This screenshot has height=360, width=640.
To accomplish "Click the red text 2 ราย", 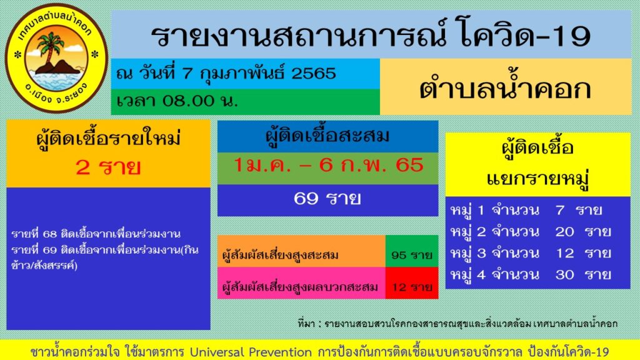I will (108, 167).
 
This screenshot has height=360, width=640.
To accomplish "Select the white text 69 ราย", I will (327, 199).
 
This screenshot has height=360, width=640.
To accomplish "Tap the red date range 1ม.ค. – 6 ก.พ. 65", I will (328, 166).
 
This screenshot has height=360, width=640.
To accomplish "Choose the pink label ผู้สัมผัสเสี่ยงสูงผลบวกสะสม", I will (300, 287).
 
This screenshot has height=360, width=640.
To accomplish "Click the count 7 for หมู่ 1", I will (559, 210).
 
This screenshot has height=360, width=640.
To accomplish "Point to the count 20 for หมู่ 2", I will (564, 232).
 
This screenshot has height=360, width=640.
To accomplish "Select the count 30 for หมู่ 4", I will (564, 274).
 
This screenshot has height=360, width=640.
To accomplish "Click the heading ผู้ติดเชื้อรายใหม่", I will (108, 138).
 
